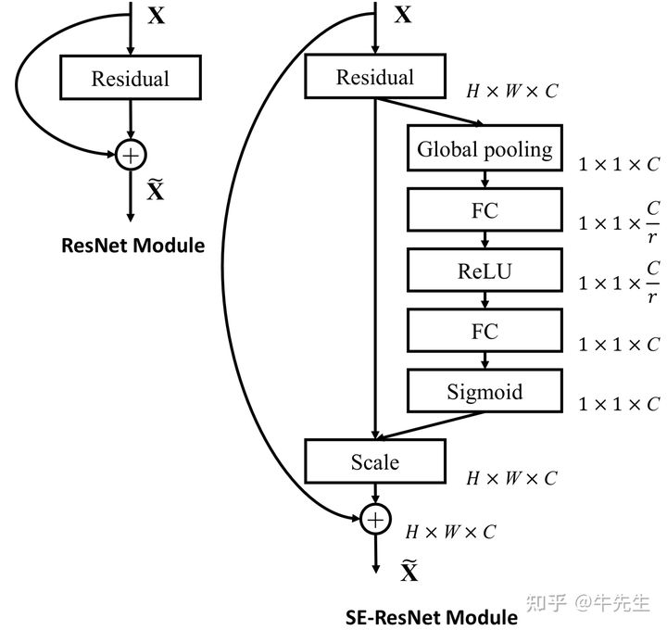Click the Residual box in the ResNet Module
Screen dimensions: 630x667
click(130, 78)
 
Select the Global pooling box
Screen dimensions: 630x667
click(485, 149)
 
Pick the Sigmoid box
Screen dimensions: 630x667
click(485, 392)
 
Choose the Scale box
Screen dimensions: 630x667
click(374, 461)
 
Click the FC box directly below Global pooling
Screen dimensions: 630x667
click(485, 210)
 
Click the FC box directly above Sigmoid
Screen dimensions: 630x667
click(485, 332)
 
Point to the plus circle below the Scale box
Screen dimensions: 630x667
click(374, 520)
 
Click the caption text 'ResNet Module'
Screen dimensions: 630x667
click(132, 246)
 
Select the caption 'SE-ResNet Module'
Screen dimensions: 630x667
click(432, 616)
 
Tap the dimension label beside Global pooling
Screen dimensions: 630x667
click(619, 164)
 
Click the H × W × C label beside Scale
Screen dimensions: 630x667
click(511, 478)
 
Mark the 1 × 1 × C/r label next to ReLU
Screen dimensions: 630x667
click(619, 283)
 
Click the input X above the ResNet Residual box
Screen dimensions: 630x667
click(157, 16)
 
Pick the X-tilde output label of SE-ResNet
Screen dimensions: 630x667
click(409, 571)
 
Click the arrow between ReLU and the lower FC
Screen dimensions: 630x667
click(485, 301)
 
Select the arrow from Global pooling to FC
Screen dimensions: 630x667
click(485, 180)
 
